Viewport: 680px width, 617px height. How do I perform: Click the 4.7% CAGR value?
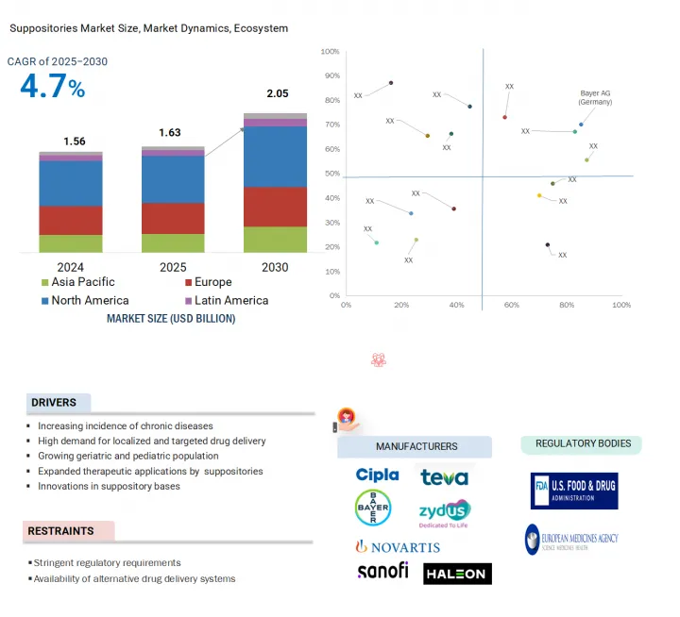[53, 89]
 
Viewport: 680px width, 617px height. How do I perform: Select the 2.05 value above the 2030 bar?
[276, 93]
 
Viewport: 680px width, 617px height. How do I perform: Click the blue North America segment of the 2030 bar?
[276, 157]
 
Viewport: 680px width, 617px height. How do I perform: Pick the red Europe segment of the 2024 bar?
[71, 220]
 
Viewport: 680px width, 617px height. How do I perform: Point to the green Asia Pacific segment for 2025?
[173, 242]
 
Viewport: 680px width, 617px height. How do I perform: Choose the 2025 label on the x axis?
[173, 267]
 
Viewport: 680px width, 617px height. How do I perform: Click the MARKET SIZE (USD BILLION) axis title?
[171, 319]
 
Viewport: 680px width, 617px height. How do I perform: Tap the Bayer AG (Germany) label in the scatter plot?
[596, 98]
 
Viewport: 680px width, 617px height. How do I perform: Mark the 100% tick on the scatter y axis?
[331, 51]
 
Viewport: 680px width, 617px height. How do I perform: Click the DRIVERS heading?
[54, 403]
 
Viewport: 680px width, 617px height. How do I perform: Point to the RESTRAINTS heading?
[60, 531]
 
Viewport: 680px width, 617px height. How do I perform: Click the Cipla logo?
[377, 475]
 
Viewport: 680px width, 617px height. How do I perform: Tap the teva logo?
[444, 476]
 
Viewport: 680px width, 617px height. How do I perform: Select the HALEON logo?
[457, 574]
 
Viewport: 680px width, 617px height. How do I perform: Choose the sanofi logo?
[382, 571]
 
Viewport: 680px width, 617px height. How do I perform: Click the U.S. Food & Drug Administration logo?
[574, 491]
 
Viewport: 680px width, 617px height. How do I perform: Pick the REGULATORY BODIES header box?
[583, 443]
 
